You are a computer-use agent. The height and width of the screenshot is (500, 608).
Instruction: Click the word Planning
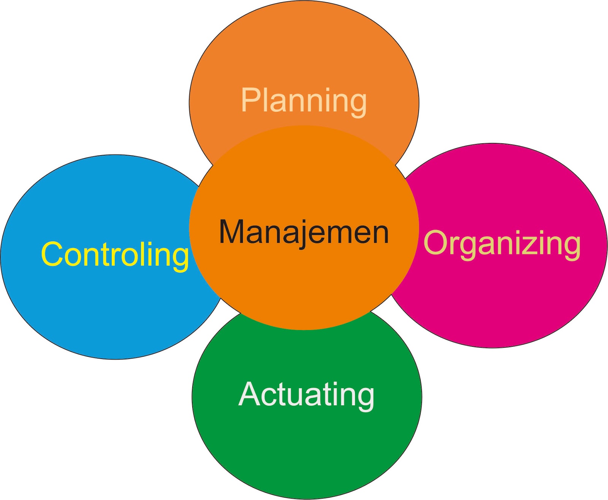(304, 101)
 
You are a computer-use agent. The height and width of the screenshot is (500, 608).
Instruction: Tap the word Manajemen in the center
(304, 232)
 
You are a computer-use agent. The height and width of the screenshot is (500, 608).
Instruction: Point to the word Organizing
(502, 243)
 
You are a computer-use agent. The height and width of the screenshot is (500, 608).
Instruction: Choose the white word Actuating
(306, 395)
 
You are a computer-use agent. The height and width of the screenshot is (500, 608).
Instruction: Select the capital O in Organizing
(436, 243)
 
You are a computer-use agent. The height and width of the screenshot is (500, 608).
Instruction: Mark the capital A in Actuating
(251, 394)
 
